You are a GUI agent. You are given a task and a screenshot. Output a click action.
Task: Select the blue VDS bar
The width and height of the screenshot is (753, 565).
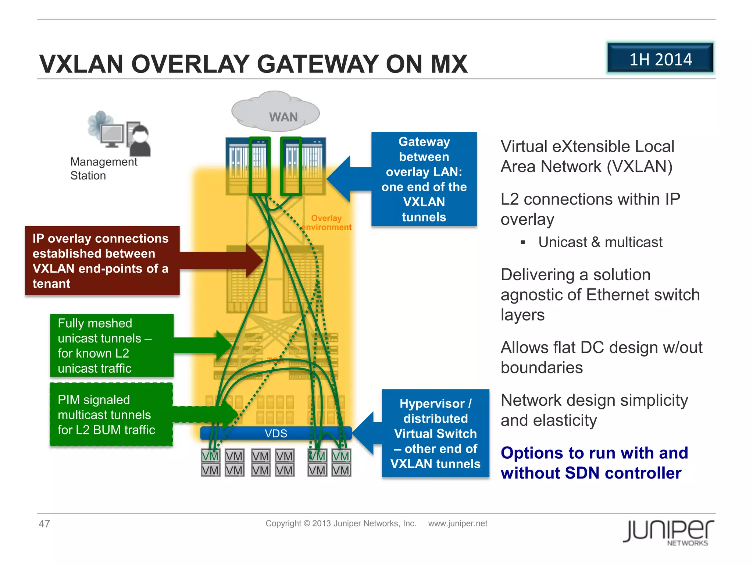(276, 433)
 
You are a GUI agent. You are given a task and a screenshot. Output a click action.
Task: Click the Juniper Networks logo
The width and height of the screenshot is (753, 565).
(668, 532)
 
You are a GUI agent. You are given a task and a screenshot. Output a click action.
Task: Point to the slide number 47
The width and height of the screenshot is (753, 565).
(44, 523)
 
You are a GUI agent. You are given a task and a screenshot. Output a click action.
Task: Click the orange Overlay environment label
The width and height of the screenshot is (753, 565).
(326, 223)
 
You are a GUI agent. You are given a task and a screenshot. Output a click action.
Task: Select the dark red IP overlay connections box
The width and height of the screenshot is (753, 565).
(102, 260)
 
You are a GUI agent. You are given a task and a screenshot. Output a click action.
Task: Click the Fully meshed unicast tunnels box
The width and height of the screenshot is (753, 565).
(111, 345)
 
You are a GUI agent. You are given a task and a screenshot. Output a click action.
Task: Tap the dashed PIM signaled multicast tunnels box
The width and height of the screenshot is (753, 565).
(111, 415)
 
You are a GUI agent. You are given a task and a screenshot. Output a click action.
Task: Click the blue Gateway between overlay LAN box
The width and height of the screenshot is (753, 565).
(424, 179)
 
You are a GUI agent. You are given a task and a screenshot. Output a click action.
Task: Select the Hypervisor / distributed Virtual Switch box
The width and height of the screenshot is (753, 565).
(435, 433)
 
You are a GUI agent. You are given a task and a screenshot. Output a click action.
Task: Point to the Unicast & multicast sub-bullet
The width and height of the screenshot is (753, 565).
(600, 242)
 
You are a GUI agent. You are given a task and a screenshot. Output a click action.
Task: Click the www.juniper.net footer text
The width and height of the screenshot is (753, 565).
(457, 523)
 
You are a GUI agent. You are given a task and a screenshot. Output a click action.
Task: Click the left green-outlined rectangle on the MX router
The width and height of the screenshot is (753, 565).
(260, 166)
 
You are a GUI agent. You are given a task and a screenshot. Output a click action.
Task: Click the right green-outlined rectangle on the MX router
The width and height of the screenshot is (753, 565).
(291, 166)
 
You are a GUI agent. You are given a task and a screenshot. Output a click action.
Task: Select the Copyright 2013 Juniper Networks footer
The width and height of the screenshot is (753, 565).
(340, 523)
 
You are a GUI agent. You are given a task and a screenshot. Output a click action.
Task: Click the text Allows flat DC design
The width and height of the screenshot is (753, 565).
(601, 348)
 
